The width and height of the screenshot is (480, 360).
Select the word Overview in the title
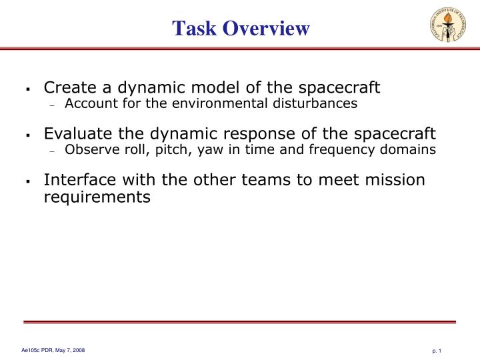coord(266,28)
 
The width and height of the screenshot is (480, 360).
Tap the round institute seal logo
coord(448,25)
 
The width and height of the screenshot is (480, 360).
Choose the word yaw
coord(209,149)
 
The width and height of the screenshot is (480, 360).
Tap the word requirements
coord(97,197)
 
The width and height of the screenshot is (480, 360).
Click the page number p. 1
coord(437,351)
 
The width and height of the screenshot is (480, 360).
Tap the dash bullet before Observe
coord(52,151)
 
